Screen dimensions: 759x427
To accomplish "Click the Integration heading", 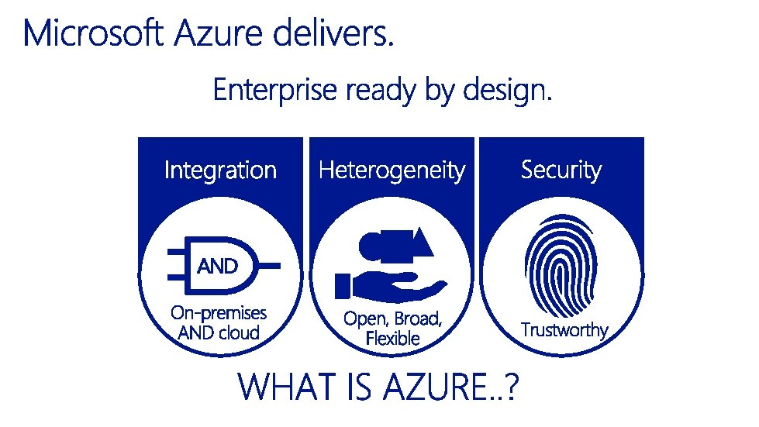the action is click(x=220, y=170).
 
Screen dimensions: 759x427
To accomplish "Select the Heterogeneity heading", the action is click(x=392, y=170).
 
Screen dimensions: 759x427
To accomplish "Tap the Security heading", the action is click(x=561, y=170).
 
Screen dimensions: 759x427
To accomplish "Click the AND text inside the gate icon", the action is click(x=218, y=267).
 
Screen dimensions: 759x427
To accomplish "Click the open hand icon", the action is click(x=392, y=288).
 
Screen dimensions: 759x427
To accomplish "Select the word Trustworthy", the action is click(x=564, y=330).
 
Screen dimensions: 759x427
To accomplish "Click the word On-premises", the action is click(x=218, y=313).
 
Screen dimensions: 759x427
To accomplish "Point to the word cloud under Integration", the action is click(x=239, y=333).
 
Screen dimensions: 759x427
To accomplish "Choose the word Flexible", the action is click(x=392, y=339).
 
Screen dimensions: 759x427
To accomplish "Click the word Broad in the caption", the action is click(x=419, y=319).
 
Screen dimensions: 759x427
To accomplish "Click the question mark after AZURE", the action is click(x=510, y=387).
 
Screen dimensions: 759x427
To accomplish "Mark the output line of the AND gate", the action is click(x=271, y=266).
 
